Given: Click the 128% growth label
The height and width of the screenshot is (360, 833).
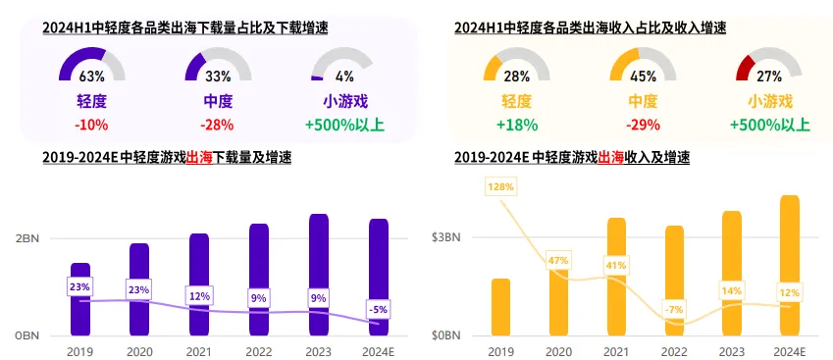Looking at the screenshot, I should tap(500, 185).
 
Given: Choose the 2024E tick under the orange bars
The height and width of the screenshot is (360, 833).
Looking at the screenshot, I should tap(789, 351).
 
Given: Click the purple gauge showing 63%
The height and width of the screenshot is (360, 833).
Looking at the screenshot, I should tap(91, 64).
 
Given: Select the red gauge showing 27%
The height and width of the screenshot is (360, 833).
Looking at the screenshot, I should tap(769, 64).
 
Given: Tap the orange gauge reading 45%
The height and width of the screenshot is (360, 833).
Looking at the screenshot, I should tap(643, 64).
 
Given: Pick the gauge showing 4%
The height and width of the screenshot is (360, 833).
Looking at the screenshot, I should tap(344, 64).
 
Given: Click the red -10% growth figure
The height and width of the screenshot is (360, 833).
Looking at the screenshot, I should tap(91, 125).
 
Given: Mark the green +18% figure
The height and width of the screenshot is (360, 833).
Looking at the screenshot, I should tap(516, 125).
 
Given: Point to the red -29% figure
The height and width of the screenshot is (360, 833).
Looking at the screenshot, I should tap(643, 125).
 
